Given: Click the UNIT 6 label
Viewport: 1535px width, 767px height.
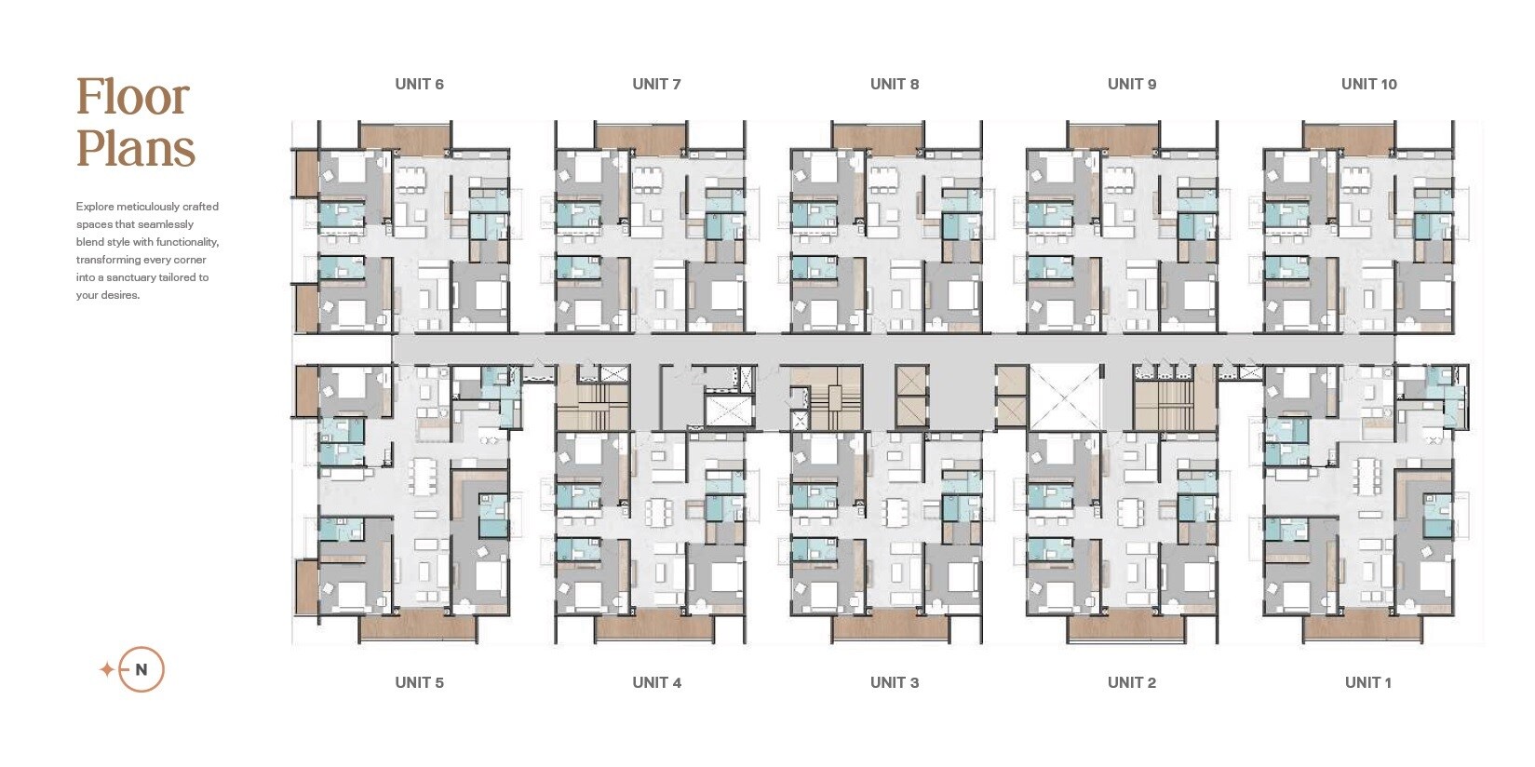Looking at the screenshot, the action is [x=420, y=85].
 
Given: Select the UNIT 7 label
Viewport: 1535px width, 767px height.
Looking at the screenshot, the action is [x=656, y=85].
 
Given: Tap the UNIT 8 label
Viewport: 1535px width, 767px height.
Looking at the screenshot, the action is [x=895, y=85].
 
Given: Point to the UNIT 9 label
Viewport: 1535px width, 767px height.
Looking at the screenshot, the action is [x=1132, y=85].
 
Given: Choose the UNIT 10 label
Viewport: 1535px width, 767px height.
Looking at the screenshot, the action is [x=1369, y=85].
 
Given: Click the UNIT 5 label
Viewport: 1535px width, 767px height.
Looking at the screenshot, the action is [x=420, y=682].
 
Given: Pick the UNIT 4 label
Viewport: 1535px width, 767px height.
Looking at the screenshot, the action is [x=656, y=682].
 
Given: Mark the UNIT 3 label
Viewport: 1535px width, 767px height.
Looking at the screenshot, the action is [x=895, y=682].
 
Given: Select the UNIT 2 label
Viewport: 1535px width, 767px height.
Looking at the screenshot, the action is [x=1132, y=682].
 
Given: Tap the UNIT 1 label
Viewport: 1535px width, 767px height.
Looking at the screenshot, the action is [x=1368, y=682].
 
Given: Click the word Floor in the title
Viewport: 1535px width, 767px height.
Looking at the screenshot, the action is [x=133, y=97].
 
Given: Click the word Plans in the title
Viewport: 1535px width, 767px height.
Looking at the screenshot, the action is [x=136, y=148].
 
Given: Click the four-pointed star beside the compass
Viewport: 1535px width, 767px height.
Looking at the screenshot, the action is [x=107, y=669].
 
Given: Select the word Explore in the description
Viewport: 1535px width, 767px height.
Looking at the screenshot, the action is [x=95, y=207].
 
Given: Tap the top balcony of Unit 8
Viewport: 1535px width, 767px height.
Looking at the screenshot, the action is [x=879, y=137].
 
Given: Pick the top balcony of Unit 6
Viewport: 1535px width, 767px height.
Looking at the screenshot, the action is [x=406, y=137].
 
